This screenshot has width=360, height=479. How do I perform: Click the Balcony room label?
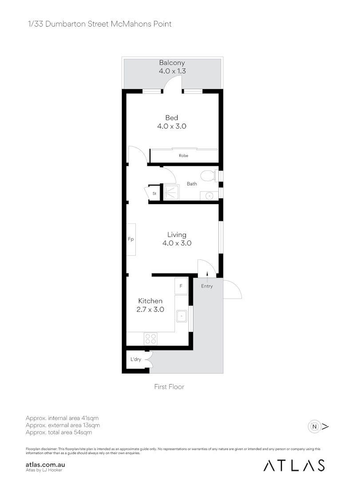(172, 63)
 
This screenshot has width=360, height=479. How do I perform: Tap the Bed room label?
(172, 118)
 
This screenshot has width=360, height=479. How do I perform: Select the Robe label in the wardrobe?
(183, 156)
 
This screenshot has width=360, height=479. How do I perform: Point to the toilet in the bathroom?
(207, 176)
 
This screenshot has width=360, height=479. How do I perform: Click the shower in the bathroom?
(171, 192)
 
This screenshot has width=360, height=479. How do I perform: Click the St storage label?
(154, 194)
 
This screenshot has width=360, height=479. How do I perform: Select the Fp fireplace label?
(131, 239)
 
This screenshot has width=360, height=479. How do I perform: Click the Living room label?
(177, 235)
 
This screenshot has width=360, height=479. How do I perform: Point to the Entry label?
(207, 286)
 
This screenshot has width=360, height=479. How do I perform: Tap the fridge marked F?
(181, 287)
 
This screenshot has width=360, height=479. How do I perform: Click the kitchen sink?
(182, 316)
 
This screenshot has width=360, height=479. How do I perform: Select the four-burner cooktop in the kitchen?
(150, 338)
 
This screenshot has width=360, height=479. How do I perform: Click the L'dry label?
(135, 359)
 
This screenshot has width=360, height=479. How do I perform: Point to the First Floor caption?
(169, 387)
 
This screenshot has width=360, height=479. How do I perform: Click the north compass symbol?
(315, 427)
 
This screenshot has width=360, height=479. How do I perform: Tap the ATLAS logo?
(294, 465)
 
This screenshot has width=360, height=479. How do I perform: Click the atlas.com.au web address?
(46, 463)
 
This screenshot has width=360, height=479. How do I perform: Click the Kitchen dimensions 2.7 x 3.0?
(150, 310)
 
